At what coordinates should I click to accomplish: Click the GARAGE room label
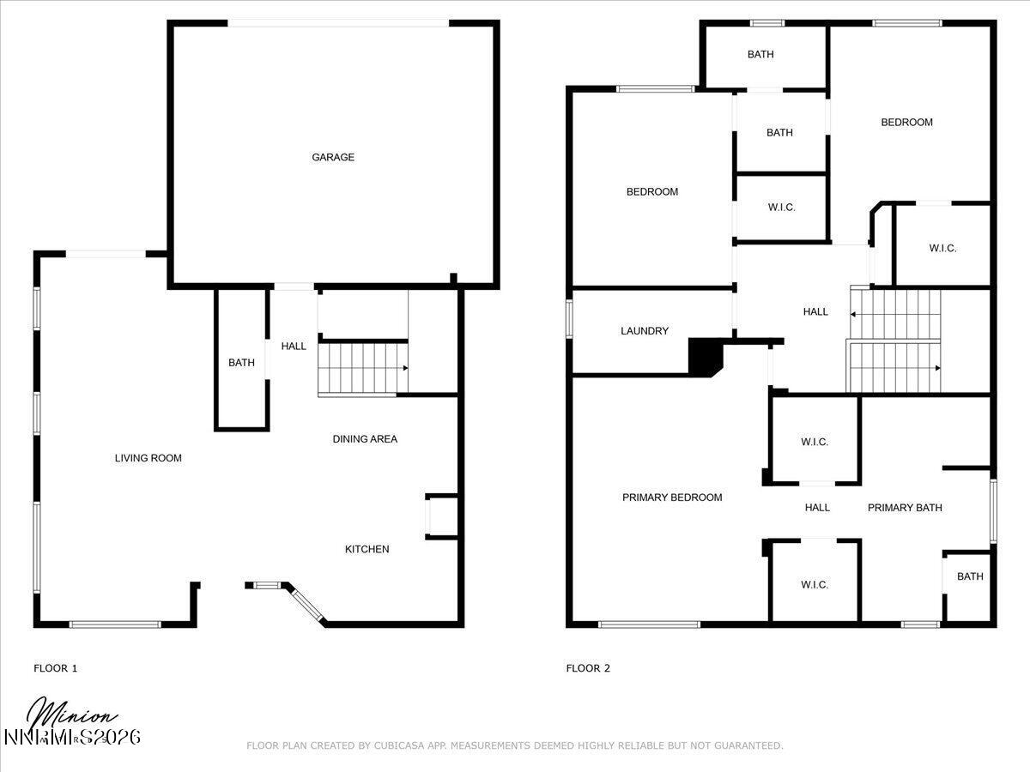click(333, 157)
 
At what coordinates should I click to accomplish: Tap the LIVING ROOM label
click(148, 458)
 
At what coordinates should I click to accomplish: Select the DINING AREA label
click(365, 439)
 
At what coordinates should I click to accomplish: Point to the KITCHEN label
click(367, 549)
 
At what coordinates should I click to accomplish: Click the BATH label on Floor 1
click(241, 363)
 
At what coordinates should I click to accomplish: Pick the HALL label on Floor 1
click(294, 347)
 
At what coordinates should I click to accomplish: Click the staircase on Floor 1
click(360, 368)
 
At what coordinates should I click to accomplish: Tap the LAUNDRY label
click(644, 331)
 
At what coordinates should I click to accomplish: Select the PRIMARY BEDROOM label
click(672, 498)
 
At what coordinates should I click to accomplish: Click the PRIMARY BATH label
click(905, 508)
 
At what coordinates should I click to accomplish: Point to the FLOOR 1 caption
click(55, 668)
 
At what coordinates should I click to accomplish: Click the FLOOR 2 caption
click(588, 668)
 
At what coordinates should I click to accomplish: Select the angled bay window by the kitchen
click(305, 604)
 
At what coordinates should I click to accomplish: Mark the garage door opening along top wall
click(338, 23)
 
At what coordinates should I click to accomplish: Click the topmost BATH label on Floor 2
click(760, 55)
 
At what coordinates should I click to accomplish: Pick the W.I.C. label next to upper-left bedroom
click(781, 208)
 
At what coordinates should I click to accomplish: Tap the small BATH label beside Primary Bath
click(970, 576)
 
